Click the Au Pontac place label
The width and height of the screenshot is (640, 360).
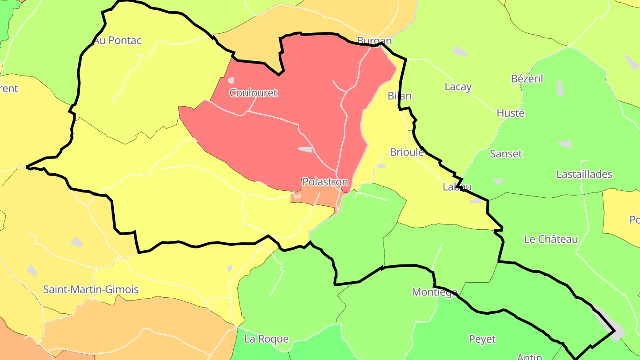click(117, 40)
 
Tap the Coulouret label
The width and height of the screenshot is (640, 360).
click(253, 93)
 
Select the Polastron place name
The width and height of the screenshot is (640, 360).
click(325, 182)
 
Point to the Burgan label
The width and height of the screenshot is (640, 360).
click(374, 41)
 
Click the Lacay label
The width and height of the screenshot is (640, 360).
click(458, 87)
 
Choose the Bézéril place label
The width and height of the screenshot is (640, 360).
click(527, 79)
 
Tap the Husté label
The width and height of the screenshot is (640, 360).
click(510, 113)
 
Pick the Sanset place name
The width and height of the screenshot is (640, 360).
click(506, 154)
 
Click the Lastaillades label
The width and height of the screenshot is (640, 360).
click(584, 174)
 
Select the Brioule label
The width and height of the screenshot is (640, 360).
click(407, 152)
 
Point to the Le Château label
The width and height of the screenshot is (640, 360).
click(551, 239)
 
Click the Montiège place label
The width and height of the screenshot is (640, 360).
click(434, 292)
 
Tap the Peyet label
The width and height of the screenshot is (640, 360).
click(482, 339)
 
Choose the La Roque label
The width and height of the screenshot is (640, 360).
click(266, 339)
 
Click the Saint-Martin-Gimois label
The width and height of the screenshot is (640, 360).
click(91, 290)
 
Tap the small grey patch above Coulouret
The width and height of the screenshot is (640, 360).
click(231, 80)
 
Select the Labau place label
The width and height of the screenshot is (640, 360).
click(457, 187)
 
